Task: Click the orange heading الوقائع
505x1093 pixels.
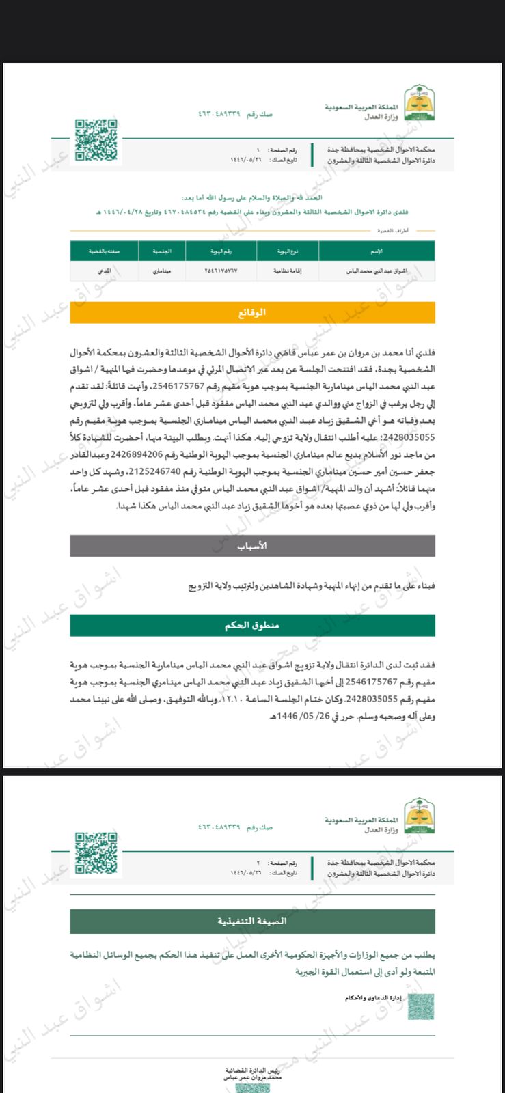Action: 252,312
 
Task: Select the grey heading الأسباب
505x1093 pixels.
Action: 252,546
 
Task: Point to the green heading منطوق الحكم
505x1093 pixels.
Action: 252,625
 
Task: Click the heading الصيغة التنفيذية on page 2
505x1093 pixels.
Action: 252,921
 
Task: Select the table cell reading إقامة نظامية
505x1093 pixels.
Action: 287,271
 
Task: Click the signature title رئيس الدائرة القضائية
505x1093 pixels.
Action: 252,1069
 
